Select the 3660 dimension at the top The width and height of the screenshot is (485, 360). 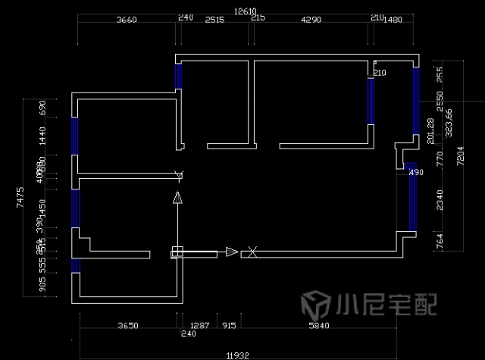pos(127,20)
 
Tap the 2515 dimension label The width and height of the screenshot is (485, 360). pos(214,20)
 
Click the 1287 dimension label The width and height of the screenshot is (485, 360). pos(199,326)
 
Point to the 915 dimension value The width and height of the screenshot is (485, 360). pos(228,326)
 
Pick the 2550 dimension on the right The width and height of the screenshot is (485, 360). pos(440,100)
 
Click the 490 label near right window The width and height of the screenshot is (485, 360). pos(416,173)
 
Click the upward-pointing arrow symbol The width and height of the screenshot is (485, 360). pos(177,199)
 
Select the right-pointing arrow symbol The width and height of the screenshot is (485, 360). pos(231,252)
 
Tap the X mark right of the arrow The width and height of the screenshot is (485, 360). pos(253,252)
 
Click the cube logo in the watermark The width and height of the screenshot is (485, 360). pos(313,305)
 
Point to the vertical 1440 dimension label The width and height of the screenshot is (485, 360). pos(43,136)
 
